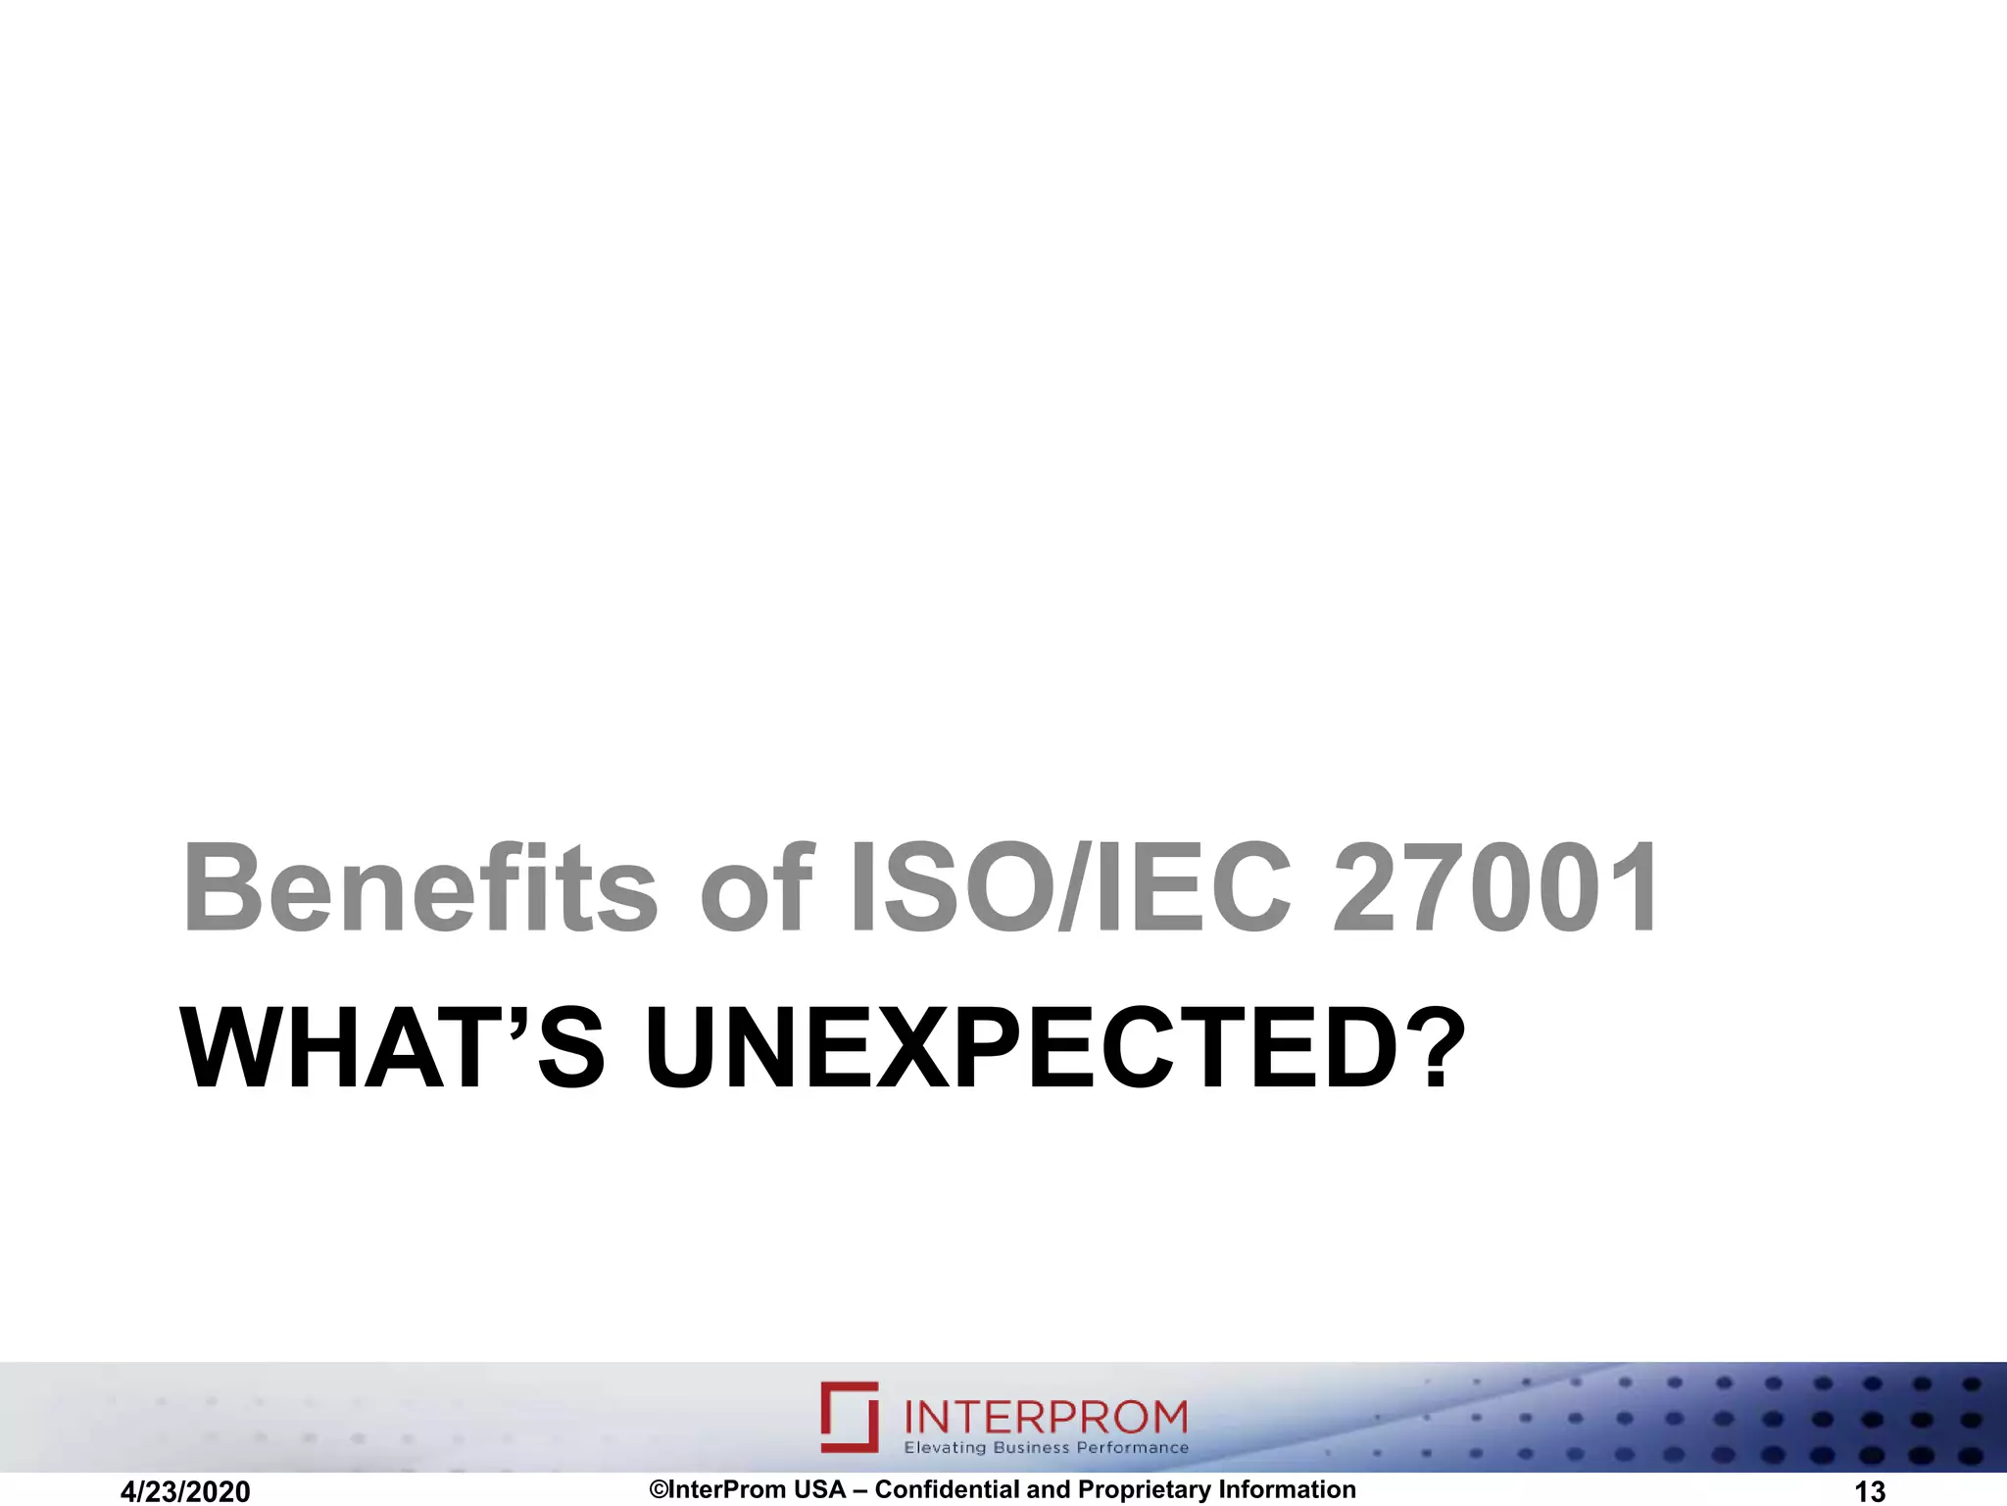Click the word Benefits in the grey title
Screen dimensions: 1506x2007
pos(419,888)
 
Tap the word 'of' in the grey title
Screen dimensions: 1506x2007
pos(756,888)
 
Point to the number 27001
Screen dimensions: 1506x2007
pos(1495,888)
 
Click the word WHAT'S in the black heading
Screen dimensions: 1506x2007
pos(392,1049)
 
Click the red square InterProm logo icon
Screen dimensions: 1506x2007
pos(850,1416)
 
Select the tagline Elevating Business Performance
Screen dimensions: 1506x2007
pos(1046,1448)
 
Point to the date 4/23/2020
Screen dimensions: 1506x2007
pos(185,1491)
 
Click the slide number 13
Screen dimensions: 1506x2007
pos(1870,1491)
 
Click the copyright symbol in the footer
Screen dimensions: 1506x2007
pos(659,1489)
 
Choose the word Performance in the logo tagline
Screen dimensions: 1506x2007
pos(1132,1448)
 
